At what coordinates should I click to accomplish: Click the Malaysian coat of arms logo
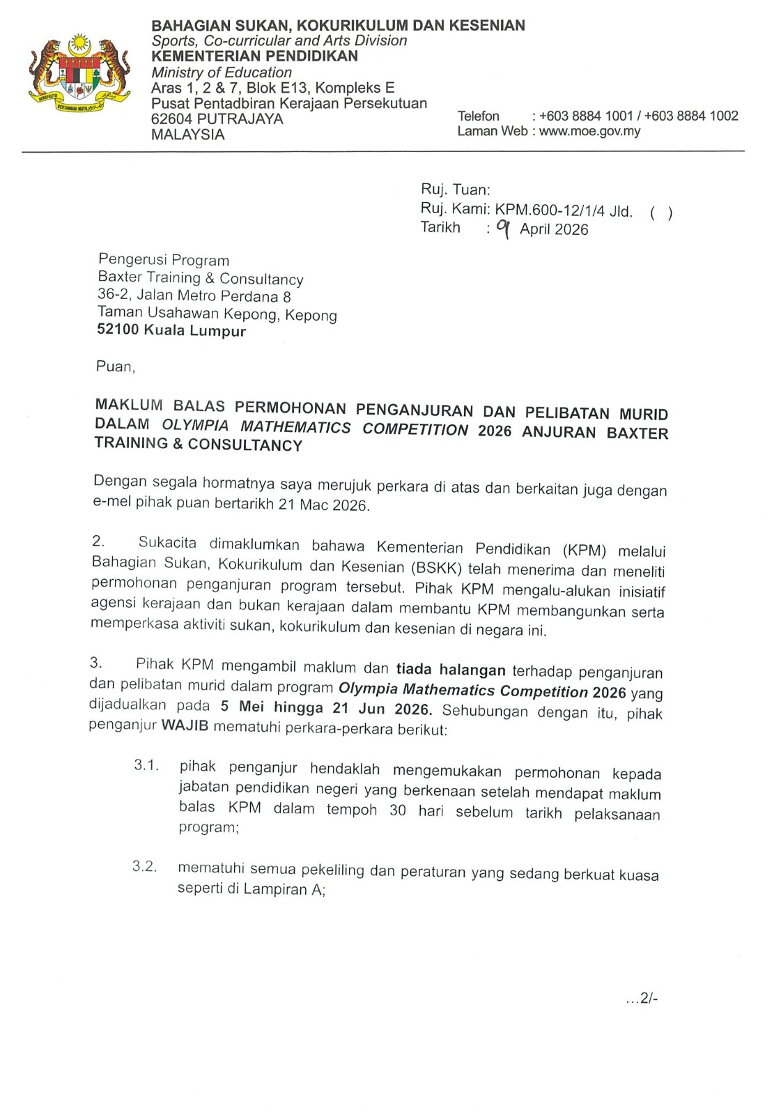click(x=79, y=75)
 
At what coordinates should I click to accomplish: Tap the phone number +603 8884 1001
click(x=585, y=116)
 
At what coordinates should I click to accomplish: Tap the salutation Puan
click(x=113, y=367)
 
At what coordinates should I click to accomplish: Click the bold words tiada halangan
click(x=451, y=670)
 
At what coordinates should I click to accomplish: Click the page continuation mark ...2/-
click(x=642, y=999)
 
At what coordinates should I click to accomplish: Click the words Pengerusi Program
click(x=164, y=261)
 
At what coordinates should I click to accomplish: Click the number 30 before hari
click(x=398, y=810)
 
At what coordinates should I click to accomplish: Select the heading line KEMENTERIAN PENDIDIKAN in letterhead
click(x=254, y=56)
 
